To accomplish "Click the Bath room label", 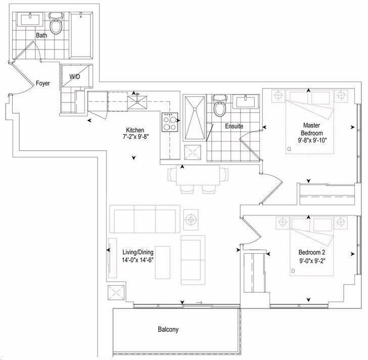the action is coord(41,35).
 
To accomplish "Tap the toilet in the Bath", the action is coord(56,23).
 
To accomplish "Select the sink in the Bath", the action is coord(30,19).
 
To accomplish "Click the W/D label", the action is coord(75,77).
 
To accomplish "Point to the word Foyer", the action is coord(43,83).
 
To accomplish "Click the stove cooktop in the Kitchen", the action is coord(170,122).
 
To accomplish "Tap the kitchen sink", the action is coord(137,102).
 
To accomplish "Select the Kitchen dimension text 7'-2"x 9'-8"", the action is coord(136,137).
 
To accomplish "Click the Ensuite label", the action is coord(234,126).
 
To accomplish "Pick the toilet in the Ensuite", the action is coord(220,105).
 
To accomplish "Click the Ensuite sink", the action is coord(246,102).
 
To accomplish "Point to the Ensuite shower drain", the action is coord(195,109).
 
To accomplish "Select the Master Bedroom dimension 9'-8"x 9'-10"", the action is coord(312,141).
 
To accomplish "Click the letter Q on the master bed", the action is coord(289,149).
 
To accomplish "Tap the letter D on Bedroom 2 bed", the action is coord(293,271).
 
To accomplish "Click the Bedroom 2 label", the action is coord(312,252).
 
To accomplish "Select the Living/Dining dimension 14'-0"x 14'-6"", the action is coord(137,260).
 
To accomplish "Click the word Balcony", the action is coord(168,330).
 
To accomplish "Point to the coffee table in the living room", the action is coord(163,262).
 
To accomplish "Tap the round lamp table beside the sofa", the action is coord(191,220).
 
